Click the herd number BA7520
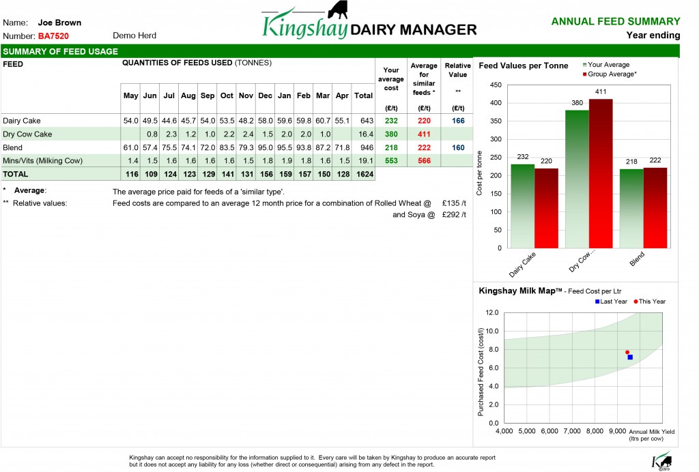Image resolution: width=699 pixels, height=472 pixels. [x=53, y=36]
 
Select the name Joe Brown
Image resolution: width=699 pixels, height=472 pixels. [x=60, y=23]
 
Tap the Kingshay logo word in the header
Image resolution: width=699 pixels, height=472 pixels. [x=304, y=26]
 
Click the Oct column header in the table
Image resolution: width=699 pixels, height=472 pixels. [x=227, y=95]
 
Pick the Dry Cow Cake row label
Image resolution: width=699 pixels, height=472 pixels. [x=27, y=134]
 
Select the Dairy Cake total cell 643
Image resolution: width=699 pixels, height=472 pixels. [x=367, y=121]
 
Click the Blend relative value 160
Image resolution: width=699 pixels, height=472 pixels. [x=458, y=147]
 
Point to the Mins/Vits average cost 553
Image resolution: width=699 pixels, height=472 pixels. [x=391, y=161]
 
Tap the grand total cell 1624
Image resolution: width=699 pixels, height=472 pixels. [x=365, y=174]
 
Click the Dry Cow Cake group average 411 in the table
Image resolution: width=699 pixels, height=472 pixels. [x=424, y=134]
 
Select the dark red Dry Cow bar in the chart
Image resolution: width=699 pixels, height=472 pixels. [x=601, y=174]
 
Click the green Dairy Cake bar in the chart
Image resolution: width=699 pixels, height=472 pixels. [x=522, y=206]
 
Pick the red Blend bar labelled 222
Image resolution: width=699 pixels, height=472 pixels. [x=655, y=208]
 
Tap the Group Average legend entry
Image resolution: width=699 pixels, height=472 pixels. [x=610, y=74]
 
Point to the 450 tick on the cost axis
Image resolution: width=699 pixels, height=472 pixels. [x=496, y=85]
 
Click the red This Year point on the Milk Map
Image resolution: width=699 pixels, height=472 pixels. [x=627, y=352]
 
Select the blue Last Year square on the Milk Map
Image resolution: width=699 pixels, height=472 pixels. [x=630, y=357]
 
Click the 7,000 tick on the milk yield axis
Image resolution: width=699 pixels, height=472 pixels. [x=572, y=431]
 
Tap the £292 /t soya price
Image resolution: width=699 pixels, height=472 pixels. [x=454, y=215]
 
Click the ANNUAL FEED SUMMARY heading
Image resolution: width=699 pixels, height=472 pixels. [x=616, y=21]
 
